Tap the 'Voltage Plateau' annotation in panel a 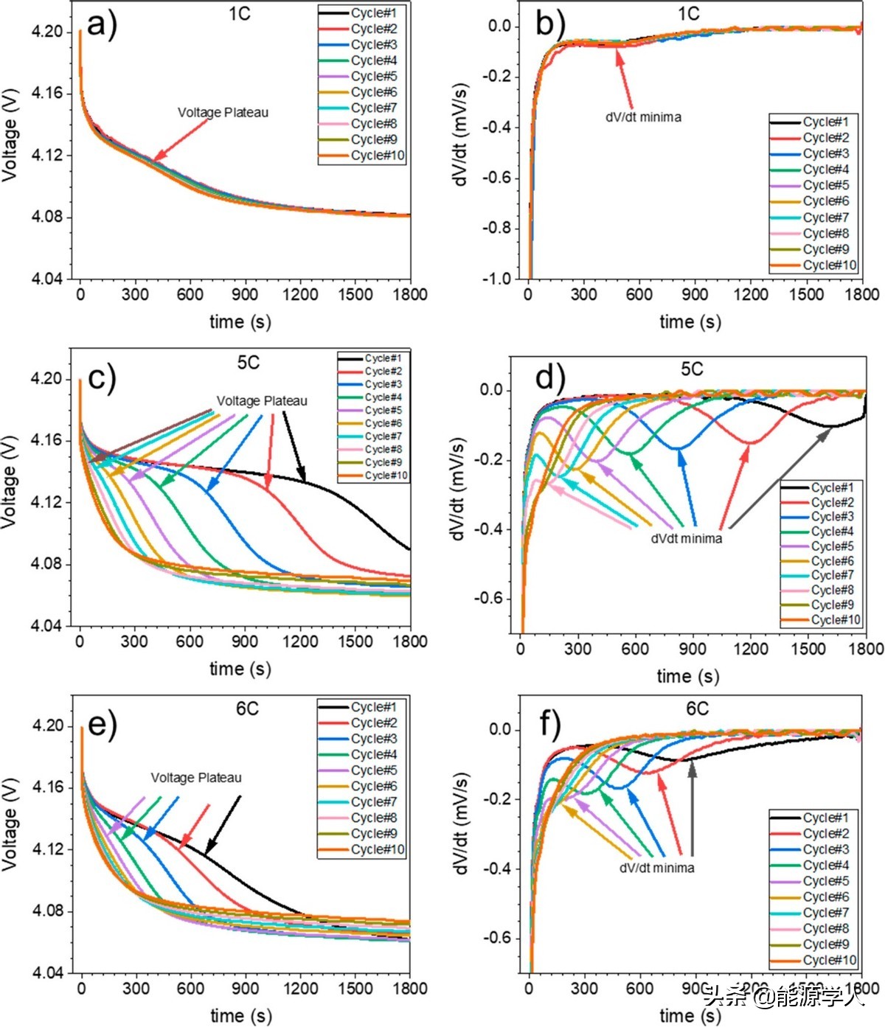click(223, 113)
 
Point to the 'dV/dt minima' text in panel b click(643, 117)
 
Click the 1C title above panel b click(688, 14)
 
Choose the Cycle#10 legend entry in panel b click(829, 265)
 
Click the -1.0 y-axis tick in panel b click(496, 279)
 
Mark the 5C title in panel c click(248, 363)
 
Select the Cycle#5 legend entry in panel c click(383, 411)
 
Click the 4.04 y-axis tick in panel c click(46, 626)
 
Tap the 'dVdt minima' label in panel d click(686, 539)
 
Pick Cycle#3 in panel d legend click(832, 517)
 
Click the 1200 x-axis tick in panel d click(750, 649)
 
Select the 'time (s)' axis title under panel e click(240, 1015)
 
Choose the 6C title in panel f click(697, 709)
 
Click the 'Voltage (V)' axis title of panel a click(10, 139)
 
